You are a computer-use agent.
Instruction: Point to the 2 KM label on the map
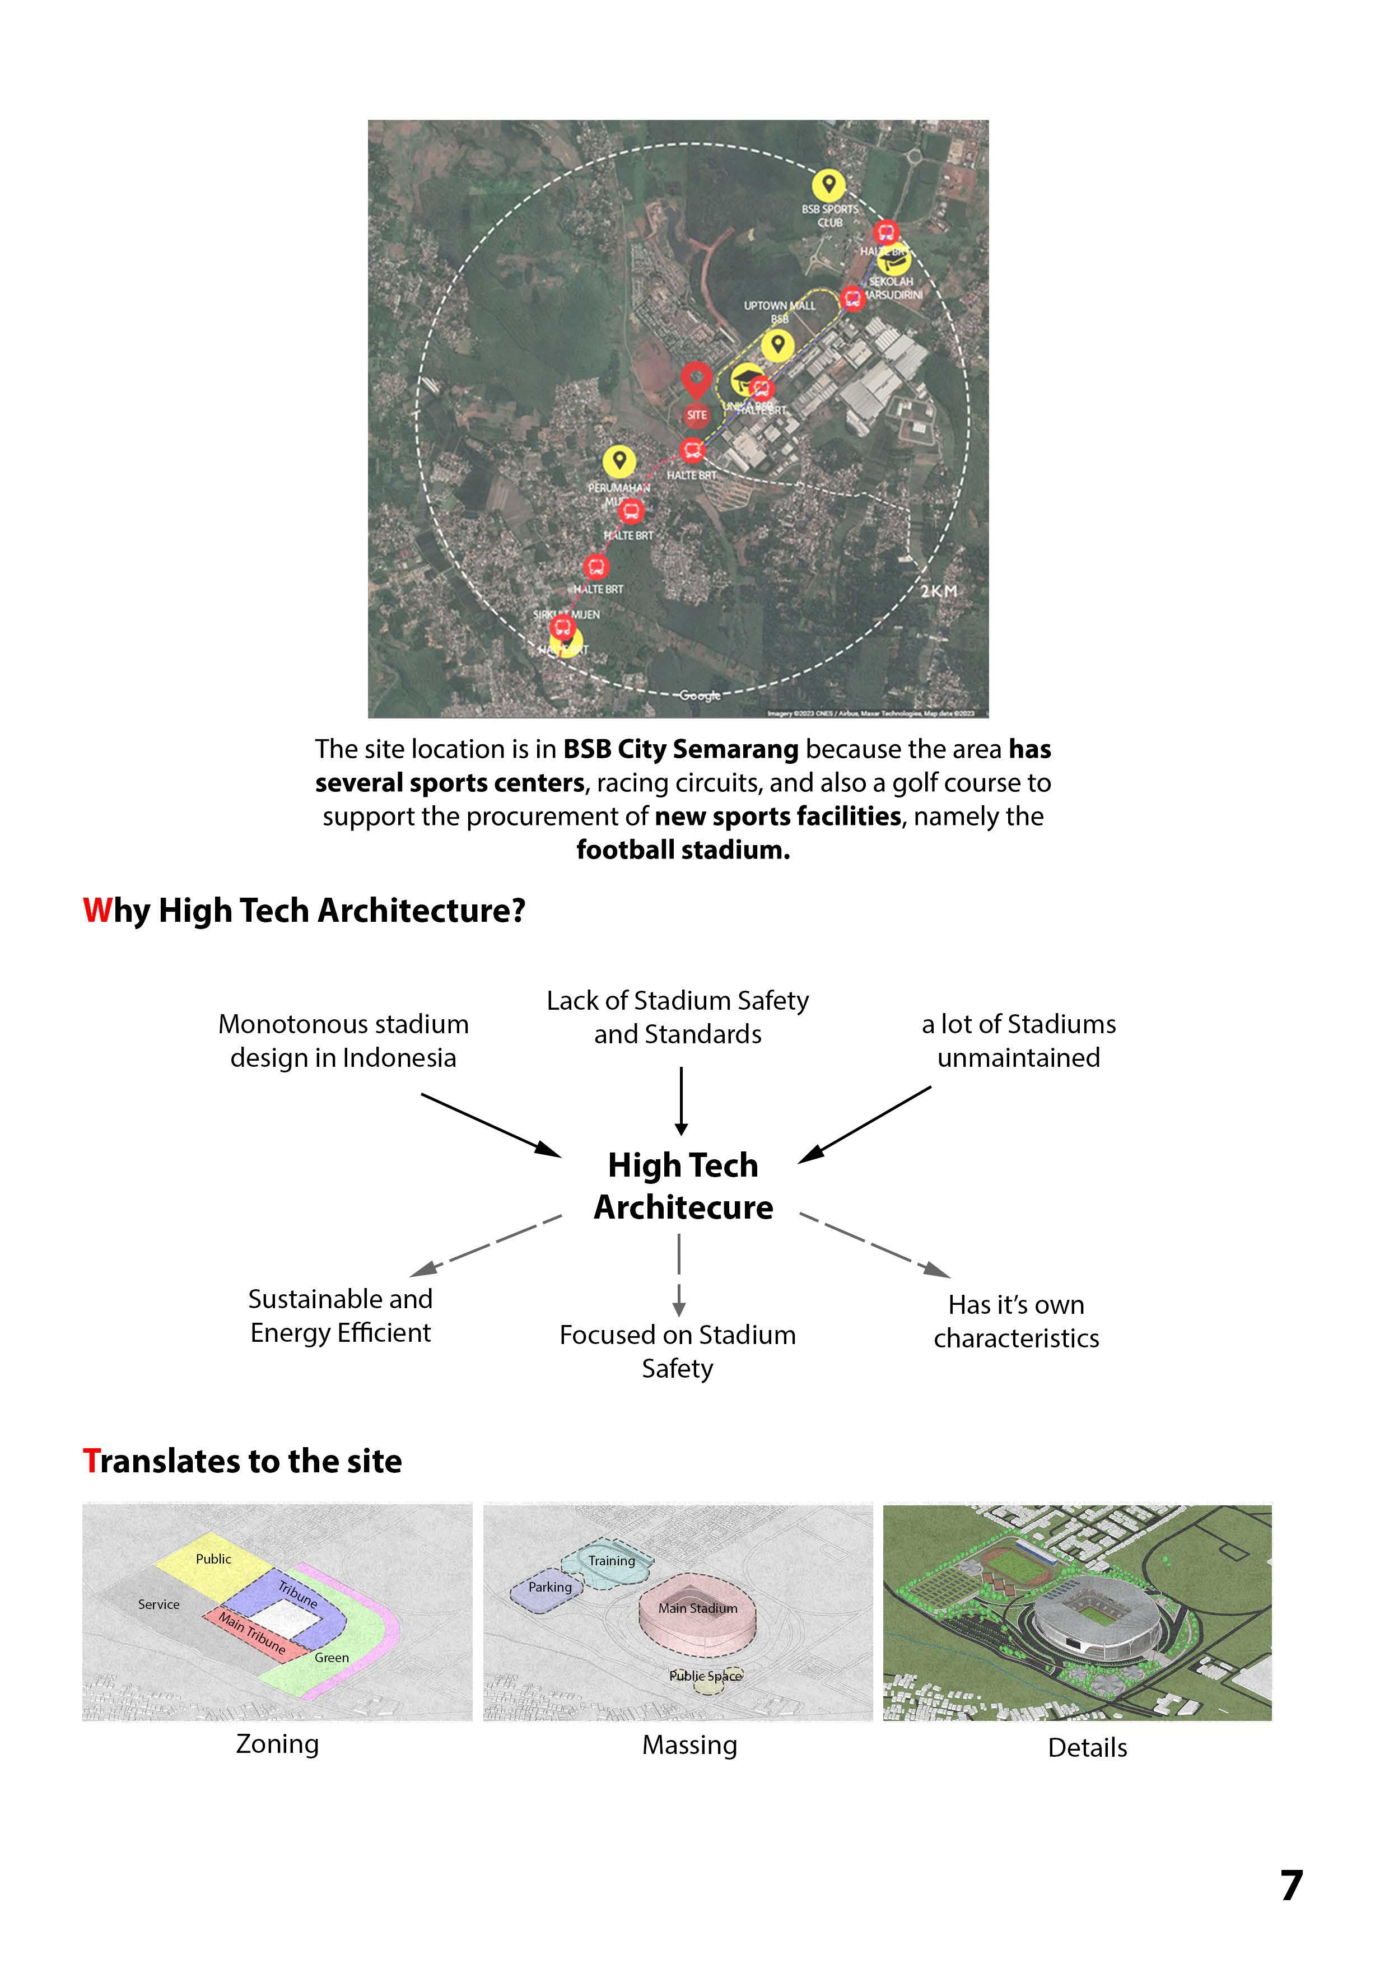[x=939, y=591]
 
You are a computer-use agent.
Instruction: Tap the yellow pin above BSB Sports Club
[x=828, y=185]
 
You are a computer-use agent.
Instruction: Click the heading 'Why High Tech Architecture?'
[x=304, y=910]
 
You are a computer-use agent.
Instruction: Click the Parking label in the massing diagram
[x=550, y=1587]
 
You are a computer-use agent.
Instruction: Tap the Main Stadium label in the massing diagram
[x=697, y=1608]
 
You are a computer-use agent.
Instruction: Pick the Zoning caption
[x=277, y=1743]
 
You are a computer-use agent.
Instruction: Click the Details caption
[x=1087, y=1747]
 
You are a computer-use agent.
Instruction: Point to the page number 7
[x=1290, y=1885]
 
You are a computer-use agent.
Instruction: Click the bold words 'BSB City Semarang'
[x=680, y=749]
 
